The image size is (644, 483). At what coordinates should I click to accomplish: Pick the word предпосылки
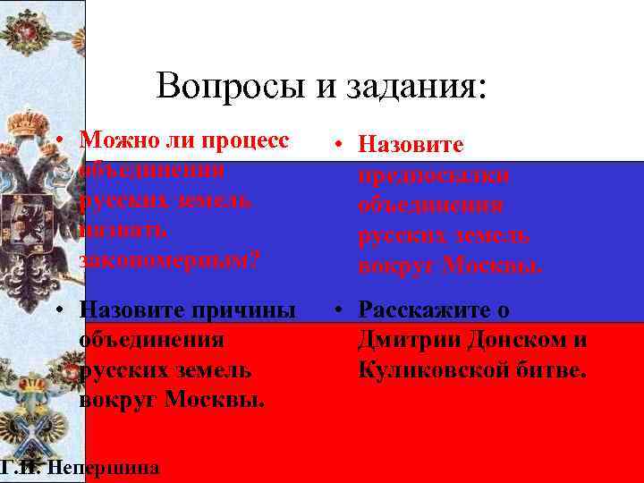434,175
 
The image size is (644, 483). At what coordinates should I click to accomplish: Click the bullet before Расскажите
341,310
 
